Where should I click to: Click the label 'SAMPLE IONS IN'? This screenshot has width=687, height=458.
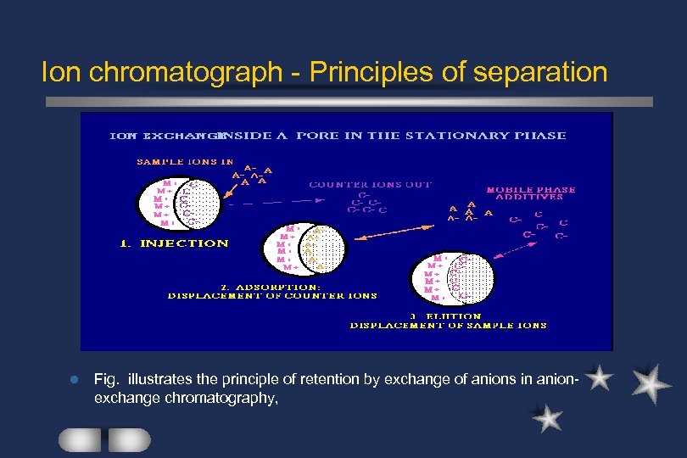coord(185,161)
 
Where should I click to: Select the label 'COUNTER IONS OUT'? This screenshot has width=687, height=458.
coord(370,184)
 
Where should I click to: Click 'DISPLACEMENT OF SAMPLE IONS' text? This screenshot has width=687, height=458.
coord(449,325)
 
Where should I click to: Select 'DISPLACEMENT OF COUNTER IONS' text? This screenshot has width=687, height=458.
coord(272,296)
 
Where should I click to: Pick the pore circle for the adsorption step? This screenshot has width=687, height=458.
coord(312,249)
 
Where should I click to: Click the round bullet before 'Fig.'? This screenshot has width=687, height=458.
coord(76,378)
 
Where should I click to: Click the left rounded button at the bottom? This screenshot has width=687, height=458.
coord(80,439)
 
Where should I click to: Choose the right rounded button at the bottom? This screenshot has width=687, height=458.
coord(130,439)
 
